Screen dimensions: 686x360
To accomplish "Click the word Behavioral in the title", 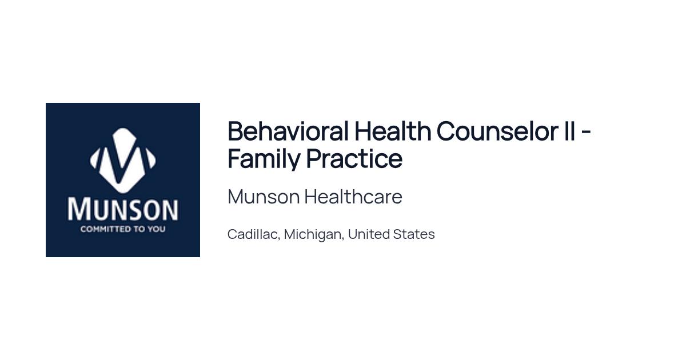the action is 288,131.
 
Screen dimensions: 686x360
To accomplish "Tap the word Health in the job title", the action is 393,131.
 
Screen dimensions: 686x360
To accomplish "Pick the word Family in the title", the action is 264,159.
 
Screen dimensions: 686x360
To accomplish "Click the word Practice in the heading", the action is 354,159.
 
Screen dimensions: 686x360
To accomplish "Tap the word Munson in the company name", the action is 264,197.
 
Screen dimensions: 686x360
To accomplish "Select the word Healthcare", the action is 353,197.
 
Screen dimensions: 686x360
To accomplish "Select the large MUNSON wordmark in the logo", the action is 122,209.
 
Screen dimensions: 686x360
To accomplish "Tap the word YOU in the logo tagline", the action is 157,229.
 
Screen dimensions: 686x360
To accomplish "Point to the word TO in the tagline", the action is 139,229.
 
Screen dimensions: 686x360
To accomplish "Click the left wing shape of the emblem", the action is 94,159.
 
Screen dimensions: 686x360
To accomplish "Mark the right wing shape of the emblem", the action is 151,159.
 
